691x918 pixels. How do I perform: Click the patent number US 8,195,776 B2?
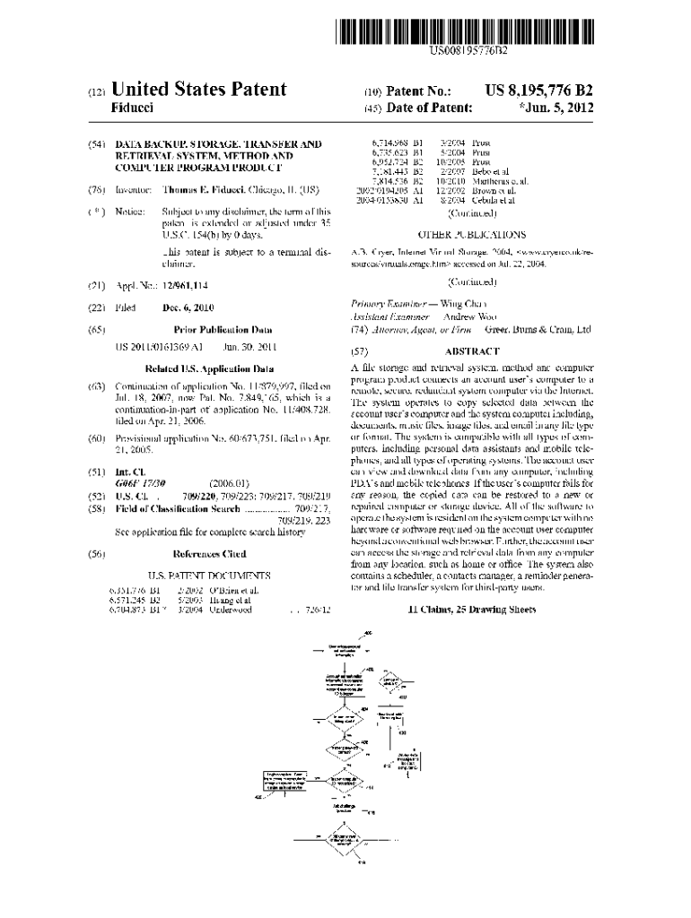click(x=538, y=91)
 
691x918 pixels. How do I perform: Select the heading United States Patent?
click(x=198, y=90)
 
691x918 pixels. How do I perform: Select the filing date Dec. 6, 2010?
click(x=189, y=307)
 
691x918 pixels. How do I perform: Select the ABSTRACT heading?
click(x=472, y=352)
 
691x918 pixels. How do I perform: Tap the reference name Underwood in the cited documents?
click(x=232, y=610)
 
